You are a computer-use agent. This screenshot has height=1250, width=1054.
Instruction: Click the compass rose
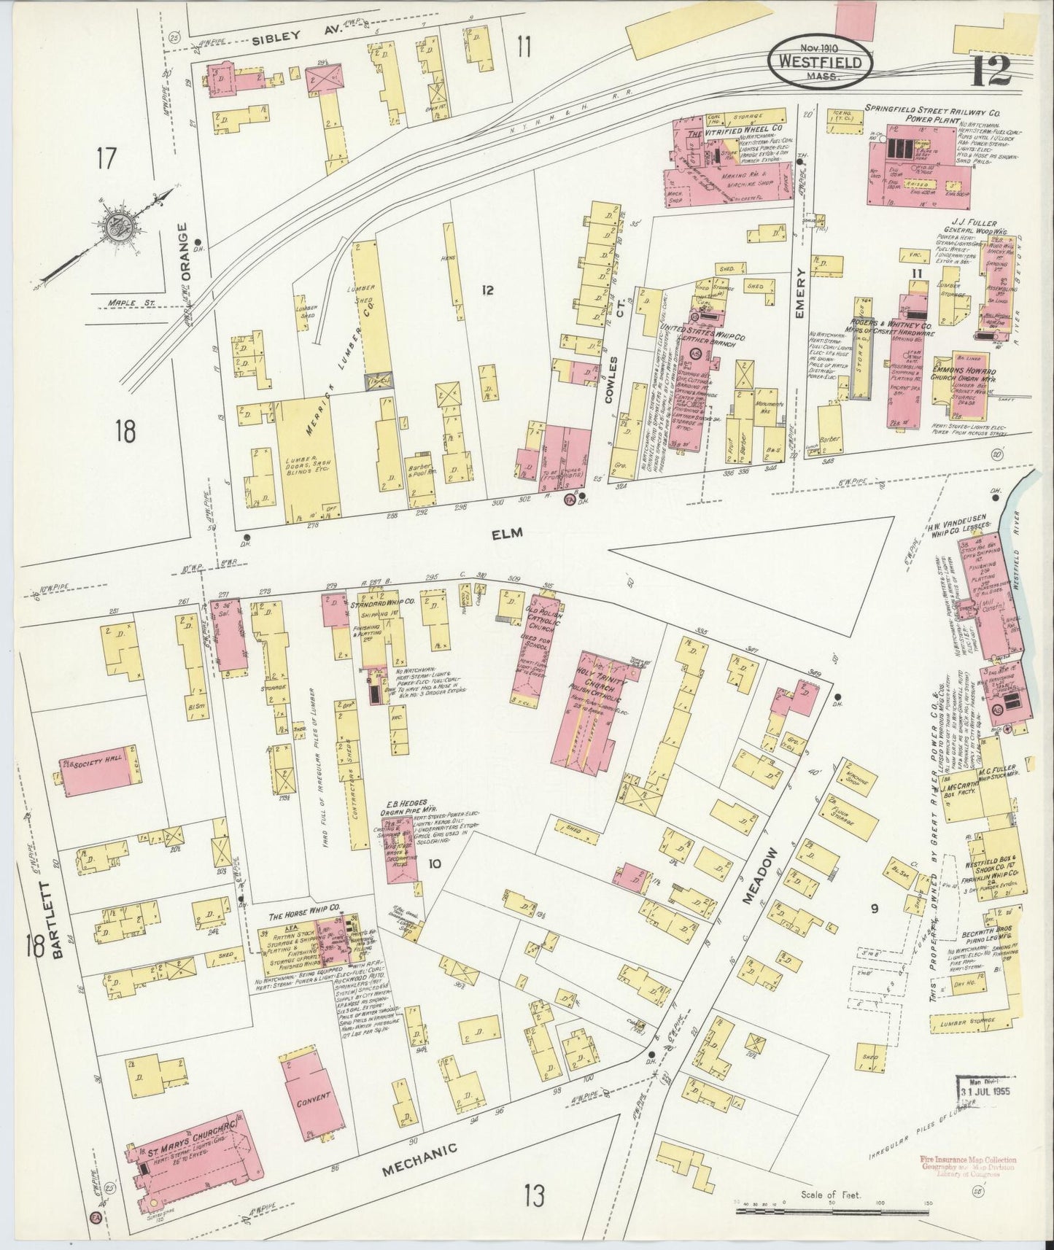point(115,227)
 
